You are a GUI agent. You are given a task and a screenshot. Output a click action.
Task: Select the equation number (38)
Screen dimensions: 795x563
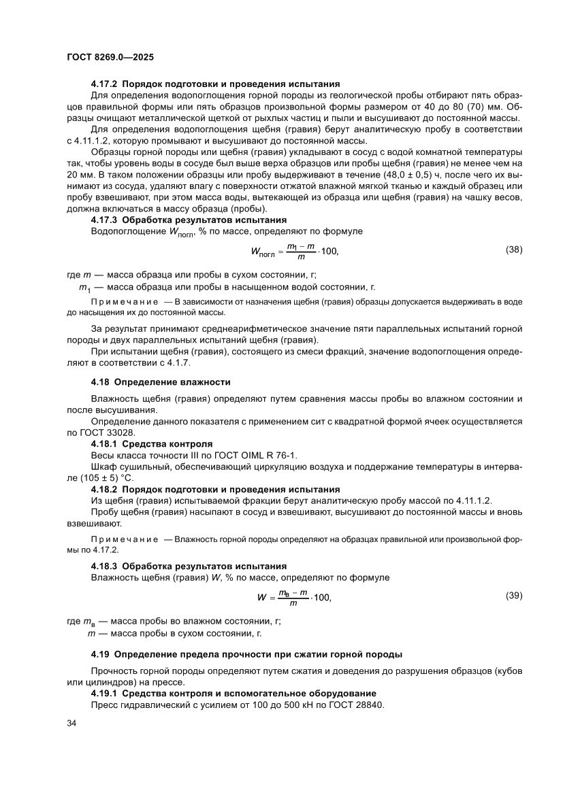click(514, 250)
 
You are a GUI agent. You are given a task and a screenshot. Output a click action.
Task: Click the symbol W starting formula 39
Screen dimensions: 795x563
click(261, 597)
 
